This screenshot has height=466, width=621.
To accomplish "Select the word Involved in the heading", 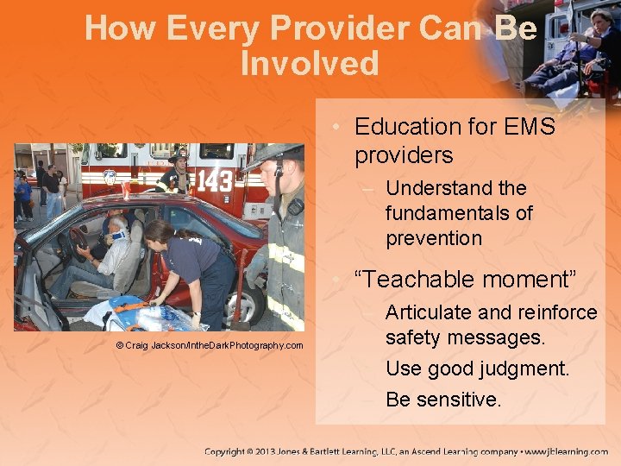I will coord(310,64).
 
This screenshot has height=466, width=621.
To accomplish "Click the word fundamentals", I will coord(459,212).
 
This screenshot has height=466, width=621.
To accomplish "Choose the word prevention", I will coord(433,237).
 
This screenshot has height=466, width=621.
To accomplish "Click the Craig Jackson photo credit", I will coord(210,345).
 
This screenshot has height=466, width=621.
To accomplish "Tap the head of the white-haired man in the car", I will coord(118,227).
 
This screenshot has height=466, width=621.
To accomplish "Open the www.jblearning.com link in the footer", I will coord(566,451).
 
